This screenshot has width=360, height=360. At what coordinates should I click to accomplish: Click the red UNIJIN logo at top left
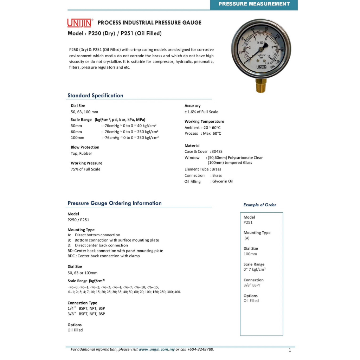[79, 23]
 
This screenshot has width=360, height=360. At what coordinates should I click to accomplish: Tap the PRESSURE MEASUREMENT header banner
[254, 4]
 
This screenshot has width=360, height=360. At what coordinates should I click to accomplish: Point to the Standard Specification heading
[95, 96]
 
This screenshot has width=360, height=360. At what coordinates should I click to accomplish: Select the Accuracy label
[192, 106]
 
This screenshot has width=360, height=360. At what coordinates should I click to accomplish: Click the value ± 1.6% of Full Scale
[201, 112]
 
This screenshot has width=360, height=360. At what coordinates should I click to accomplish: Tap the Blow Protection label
[85, 147]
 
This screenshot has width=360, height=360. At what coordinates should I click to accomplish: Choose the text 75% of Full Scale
[85, 169]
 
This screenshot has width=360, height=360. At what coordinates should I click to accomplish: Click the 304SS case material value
[217, 152]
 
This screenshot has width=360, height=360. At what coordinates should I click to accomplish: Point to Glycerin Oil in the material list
[222, 181]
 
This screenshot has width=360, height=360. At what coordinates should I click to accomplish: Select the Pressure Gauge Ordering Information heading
[115, 203]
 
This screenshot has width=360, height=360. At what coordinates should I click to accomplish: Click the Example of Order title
[260, 205]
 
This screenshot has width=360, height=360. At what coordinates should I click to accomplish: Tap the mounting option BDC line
[104, 256]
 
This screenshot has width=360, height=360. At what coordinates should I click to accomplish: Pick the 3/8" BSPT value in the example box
[252, 285]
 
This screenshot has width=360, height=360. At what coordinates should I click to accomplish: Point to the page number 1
[289, 350]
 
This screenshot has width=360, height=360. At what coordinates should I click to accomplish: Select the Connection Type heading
[82, 303]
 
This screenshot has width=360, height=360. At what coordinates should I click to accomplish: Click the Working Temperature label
[204, 122]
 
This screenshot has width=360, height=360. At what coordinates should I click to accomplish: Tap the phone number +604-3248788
[200, 349]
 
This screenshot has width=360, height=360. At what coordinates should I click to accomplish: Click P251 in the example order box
[248, 222]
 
